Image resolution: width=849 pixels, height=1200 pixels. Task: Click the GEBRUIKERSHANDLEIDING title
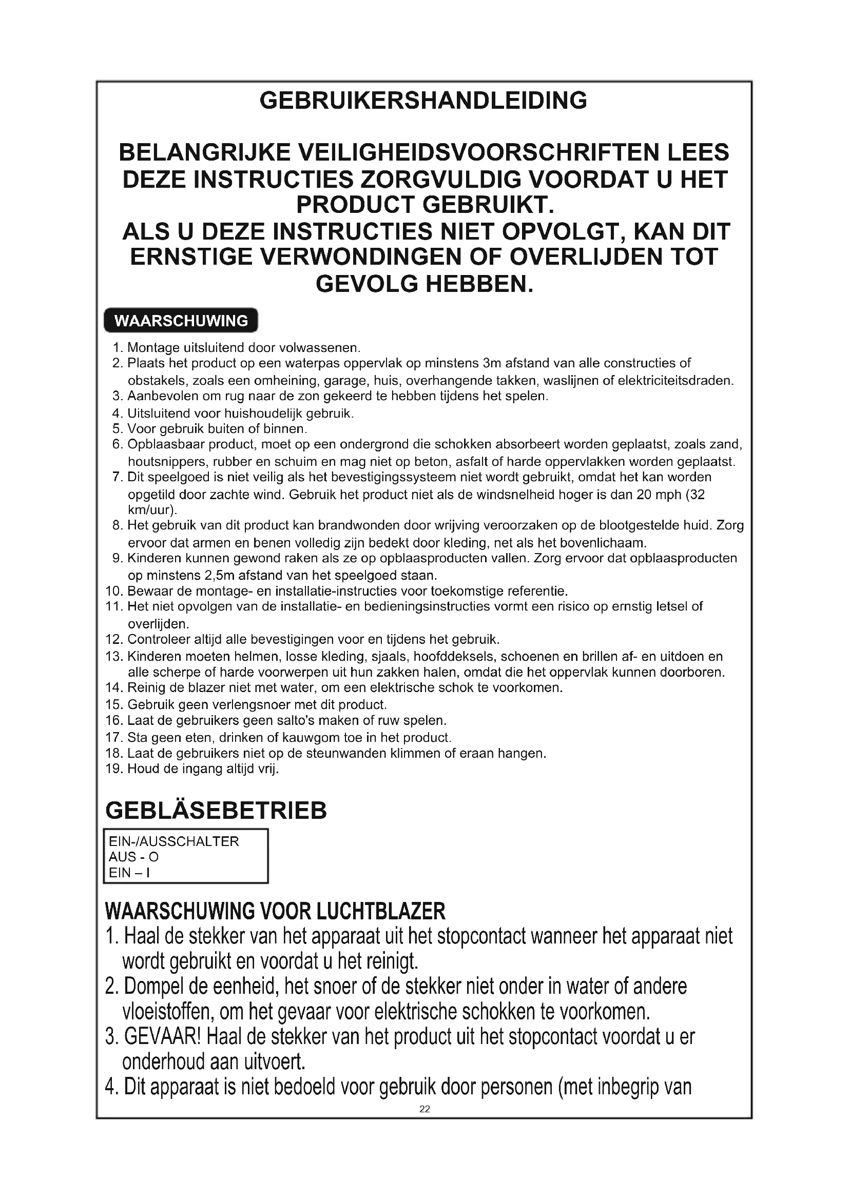pos(423,101)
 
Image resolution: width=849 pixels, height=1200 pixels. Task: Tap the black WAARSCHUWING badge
pos(181,320)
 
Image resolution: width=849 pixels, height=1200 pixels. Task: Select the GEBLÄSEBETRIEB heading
pos(216,811)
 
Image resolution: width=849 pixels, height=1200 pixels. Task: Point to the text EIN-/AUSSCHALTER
pos(173,841)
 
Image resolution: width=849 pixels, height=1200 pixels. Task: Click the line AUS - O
pos(133,857)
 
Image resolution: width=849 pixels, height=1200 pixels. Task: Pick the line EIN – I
pos(129,873)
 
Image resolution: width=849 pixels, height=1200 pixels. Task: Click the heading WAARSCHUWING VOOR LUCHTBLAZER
pos(275,911)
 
